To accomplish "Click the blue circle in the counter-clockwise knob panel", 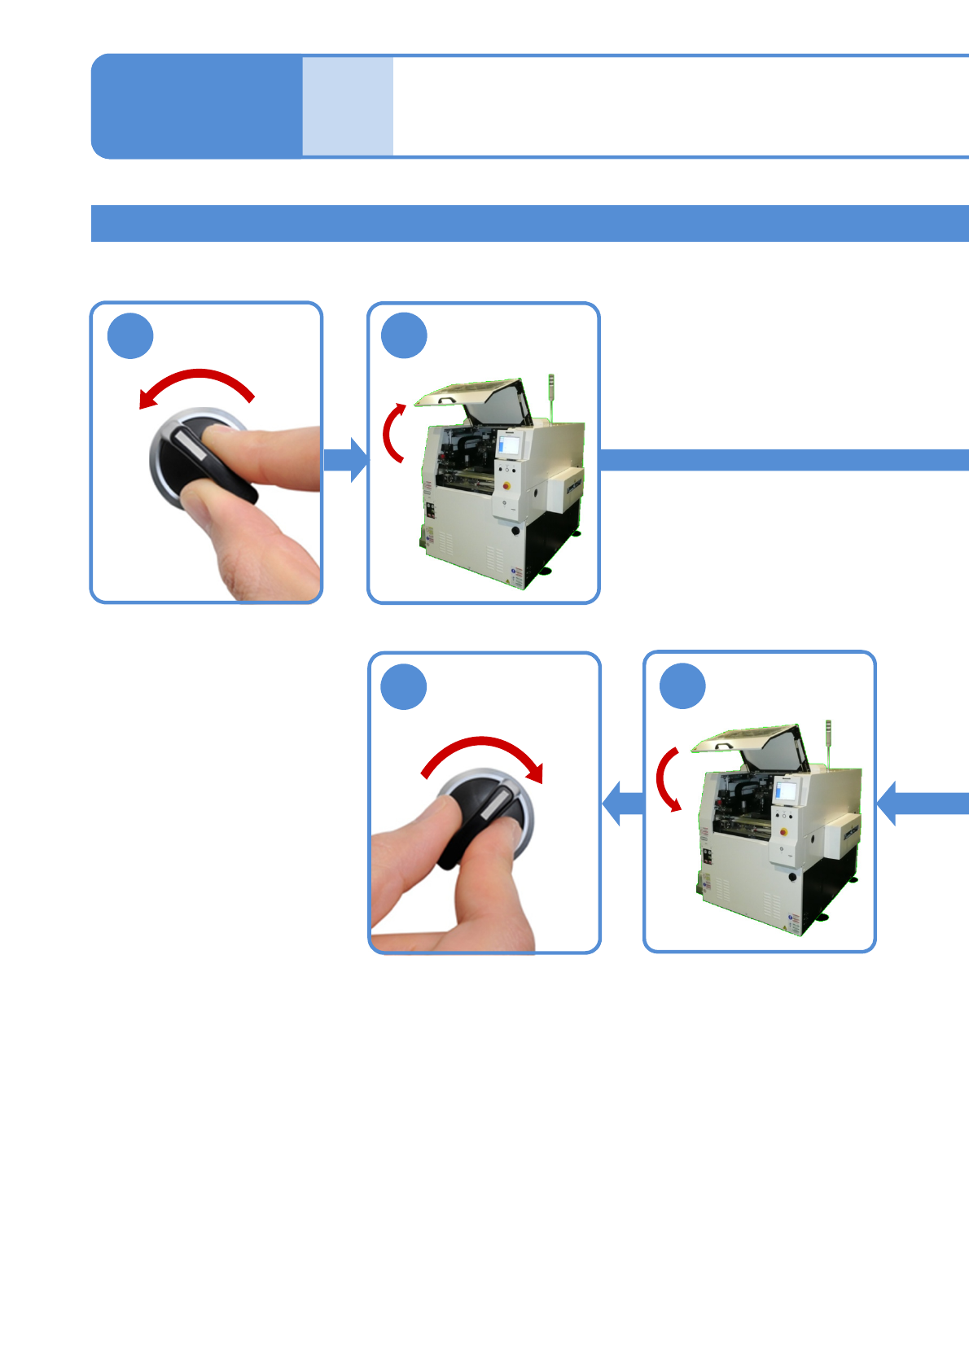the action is pyautogui.click(x=130, y=335).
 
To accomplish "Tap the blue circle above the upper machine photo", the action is pyautogui.click(x=404, y=335).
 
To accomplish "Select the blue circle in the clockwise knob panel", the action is pyautogui.click(x=404, y=686).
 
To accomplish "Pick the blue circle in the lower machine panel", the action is pyautogui.click(x=682, y=686).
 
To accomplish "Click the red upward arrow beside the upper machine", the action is pyautogui.click(x=392, y=431).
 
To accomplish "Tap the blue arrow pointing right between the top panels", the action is pyautogui.click(x=346, y=459).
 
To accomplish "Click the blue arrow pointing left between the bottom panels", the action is pyautogui.click(x=623, y=804).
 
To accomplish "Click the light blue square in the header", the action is pyautogui.click(x=348, y=106).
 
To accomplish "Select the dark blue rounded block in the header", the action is pyautogui.click(x=196, y=106).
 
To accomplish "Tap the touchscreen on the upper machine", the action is pyautogui.click(x=509, y=445).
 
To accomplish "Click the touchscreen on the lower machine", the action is pyautogui.click(x=786, y=791).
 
